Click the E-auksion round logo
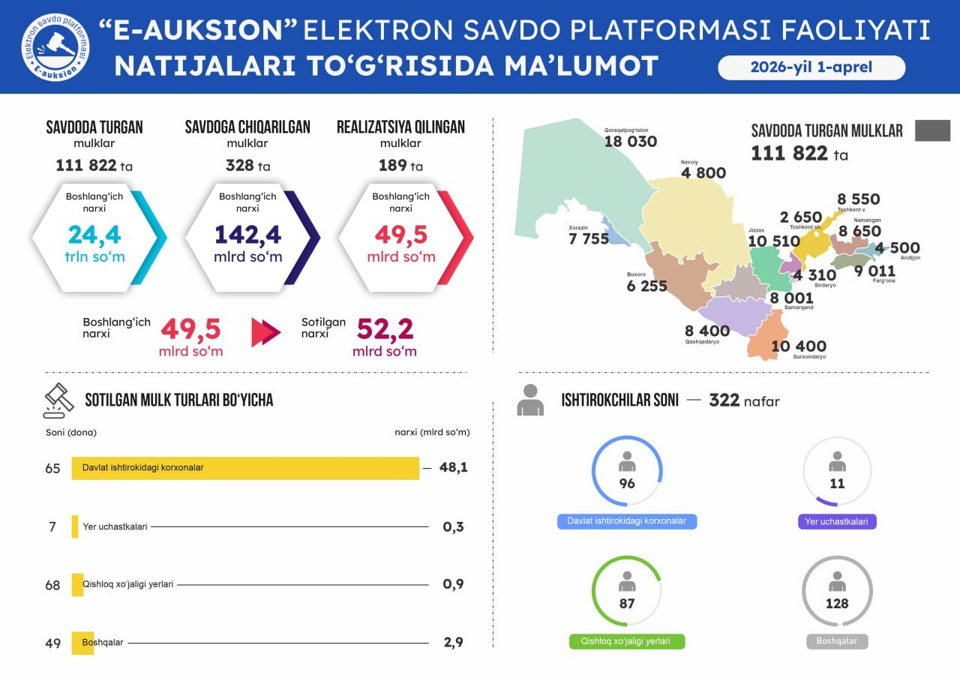(x=55, y=46)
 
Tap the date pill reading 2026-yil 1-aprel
(x=811, y=67)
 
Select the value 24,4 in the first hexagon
(x=94, y=235)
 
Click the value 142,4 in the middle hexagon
(x=248, y=235)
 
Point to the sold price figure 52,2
(x=385, y=329)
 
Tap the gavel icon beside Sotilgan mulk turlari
(x=59, y=400)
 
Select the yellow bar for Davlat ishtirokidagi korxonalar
(x=245, y=468)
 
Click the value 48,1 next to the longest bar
(x=454, y=468)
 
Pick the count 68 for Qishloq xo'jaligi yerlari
(x=52, y=585)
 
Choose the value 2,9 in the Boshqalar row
(x=454, y=642)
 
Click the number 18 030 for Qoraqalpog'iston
(x=631, y=142)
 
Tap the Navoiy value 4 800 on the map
(x=703, y=173)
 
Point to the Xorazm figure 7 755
(x=589, y=239)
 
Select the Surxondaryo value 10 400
(x=799, y=346)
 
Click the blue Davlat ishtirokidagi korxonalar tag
(x=627, y=521)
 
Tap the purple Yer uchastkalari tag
(x=837, y=521)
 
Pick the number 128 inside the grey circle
(x=837, y=604)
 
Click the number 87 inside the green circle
(x=627, y=604)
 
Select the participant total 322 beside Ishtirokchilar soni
(x=724, y=400)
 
